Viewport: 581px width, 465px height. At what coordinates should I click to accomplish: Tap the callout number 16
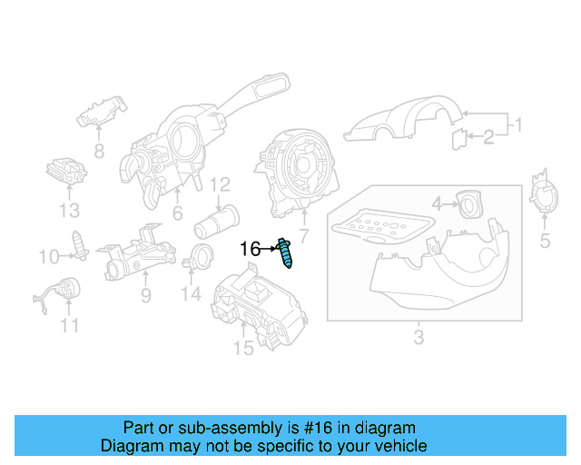(x=250, y=248)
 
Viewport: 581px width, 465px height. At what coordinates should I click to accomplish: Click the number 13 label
(x=70, y=212)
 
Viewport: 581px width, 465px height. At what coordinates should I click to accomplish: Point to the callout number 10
(x=48, y=258)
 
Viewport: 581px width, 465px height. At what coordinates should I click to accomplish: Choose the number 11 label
(x=70, y=324)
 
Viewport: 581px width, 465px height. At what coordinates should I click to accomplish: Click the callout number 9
(x=145, y=295)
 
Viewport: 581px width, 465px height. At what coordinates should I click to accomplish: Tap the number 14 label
(x=190, y=293)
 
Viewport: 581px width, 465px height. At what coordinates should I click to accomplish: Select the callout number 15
(x=243, y=348)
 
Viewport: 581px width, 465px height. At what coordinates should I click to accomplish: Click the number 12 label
(x=221, y=186)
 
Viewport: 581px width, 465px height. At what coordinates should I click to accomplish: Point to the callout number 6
(x=177, y=214)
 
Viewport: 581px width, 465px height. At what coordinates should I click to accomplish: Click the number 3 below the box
(x=418, y=339)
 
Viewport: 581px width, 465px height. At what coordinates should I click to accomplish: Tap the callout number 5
(x=545, y=241)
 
